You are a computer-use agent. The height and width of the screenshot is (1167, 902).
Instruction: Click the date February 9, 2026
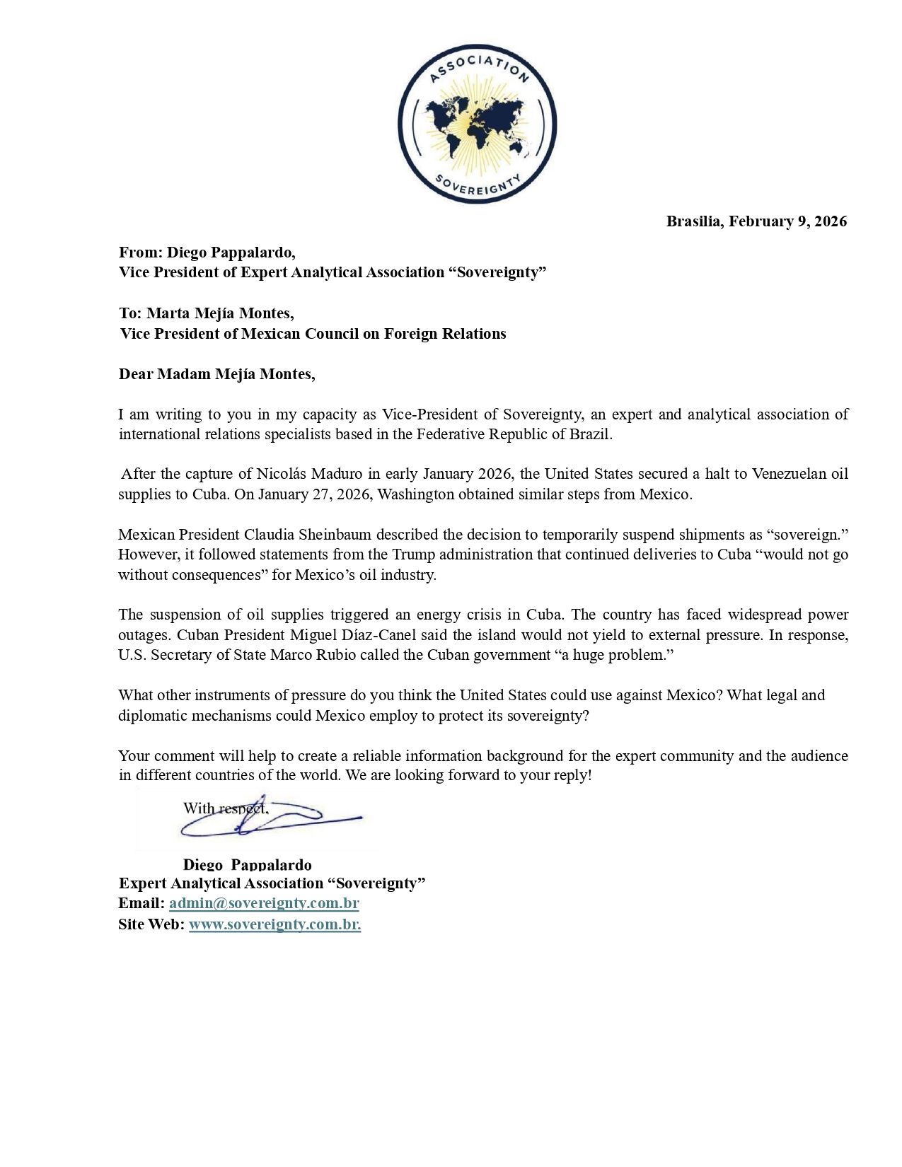tap(787, 221)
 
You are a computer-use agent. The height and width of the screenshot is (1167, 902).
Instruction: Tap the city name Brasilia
tap(693, 221)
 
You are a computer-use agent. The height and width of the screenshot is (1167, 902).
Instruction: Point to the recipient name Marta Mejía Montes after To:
tap(219, 313)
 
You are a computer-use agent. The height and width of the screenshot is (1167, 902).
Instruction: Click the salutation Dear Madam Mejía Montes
tap(216, 374)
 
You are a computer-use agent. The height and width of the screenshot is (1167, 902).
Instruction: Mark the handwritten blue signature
tap(283, 820)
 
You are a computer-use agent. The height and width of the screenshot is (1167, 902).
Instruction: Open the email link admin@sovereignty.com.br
tap(264, 903)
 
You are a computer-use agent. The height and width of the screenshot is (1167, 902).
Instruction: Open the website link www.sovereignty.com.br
tap(274, 924)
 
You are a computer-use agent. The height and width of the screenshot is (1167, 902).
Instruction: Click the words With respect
tap(225, 808)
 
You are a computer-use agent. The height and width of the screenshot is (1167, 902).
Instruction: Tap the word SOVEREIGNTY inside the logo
tap(477, 185)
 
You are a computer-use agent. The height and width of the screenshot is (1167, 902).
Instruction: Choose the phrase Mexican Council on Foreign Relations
tap(374, 334)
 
